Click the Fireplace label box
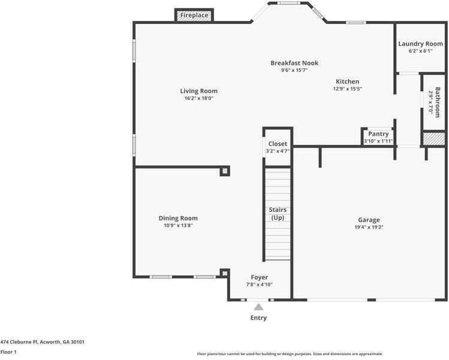[194, 15]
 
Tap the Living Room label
[199, 91]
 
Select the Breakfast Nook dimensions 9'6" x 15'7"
[294, 70]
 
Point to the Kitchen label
[347, 82]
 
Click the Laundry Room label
[420, 44]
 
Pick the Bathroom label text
[437, 103]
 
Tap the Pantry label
[378, 134]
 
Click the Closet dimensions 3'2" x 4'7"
[278, 151]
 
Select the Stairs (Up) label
[278, 214]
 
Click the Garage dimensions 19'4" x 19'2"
[369, 227]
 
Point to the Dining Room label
[178, 218]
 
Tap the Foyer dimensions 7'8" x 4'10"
[259, 284]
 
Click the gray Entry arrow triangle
[258, 307]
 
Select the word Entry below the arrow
[258, 318]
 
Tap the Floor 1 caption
[8, 352]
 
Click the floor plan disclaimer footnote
[290, 354]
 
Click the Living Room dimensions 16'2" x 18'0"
[199, 98]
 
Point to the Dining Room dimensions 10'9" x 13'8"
[178, 226]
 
